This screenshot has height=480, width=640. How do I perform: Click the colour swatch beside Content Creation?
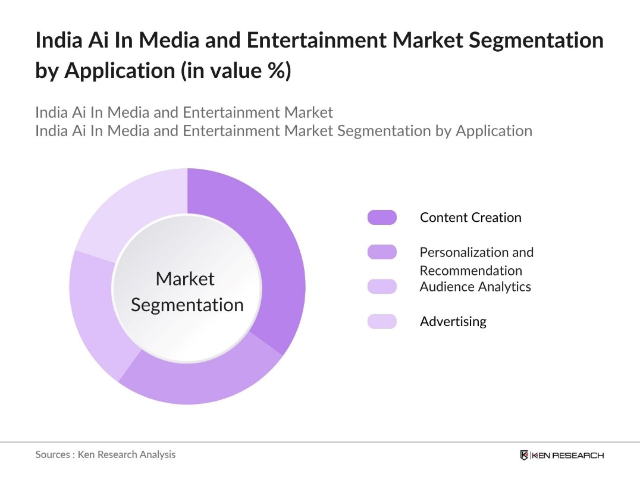tap(382, 218)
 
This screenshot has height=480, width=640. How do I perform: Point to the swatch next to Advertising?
tap(382, 322)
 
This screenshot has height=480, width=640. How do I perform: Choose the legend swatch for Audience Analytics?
tap(382, 287)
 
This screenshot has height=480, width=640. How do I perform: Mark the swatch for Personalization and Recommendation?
tap(382, 252)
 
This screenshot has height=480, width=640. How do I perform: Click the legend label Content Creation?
tap(470, 218)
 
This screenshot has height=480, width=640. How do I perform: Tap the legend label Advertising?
tap(453, 322)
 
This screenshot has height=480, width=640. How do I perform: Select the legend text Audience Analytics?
tap(475, 287)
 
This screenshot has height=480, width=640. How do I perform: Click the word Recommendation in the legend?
tap(470, 271)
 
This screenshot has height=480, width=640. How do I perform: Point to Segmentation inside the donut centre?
tap(187, 305)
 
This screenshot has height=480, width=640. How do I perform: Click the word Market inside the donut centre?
tap(185, 278)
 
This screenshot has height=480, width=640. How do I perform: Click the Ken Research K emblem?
tap(524, 455)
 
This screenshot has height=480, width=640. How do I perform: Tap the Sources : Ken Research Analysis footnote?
tap(105, 454)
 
